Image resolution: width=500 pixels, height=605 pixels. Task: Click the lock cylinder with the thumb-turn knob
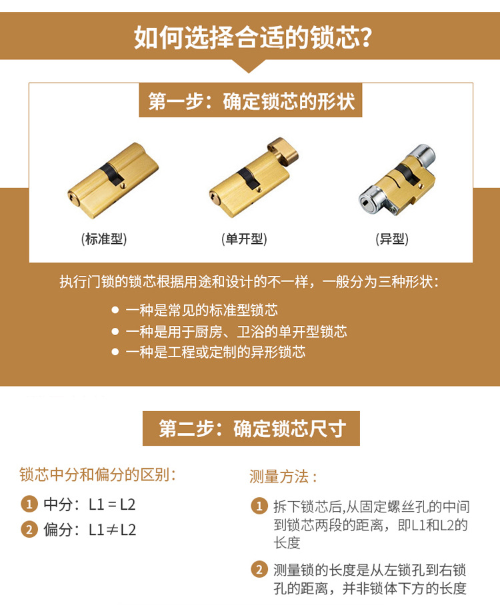pos(253,173)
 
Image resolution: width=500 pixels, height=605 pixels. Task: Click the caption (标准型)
pos(104,239)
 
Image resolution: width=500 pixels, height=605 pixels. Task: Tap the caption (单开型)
pos(244,239)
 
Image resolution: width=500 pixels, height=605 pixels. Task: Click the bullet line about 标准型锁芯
pos(201,310)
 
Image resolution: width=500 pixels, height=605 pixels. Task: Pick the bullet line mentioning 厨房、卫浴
pos(236,331)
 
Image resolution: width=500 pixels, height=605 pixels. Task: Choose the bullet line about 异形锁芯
pos(215,352)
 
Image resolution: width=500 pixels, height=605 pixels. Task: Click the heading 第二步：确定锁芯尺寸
pos(251,428)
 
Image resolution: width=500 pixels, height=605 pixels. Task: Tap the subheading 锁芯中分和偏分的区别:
pos(98,475)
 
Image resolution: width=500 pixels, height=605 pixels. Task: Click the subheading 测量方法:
pos(283,476)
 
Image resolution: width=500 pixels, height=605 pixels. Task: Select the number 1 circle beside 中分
pos(28,504)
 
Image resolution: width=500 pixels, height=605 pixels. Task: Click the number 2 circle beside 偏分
pos(28,530)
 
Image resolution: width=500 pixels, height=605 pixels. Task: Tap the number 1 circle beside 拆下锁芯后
pos(259,506)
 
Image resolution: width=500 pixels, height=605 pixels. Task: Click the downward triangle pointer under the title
pos(249,65)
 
